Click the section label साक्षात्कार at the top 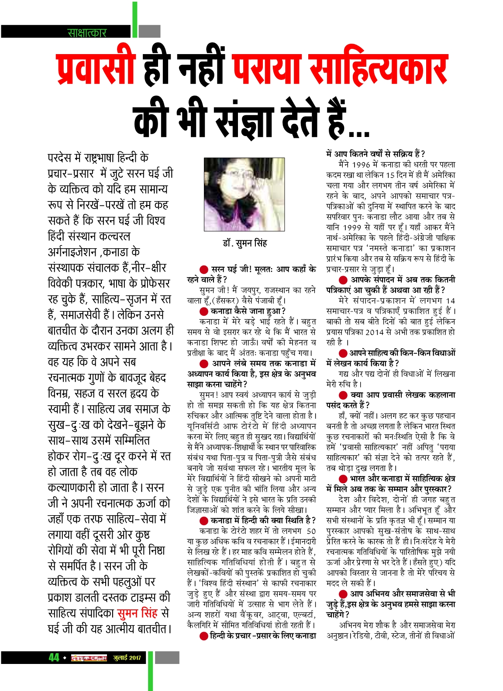pyautogui.click(x=87, y=32)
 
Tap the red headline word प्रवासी pyautogui.click(x=96, y=69)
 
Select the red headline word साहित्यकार pyautogui.click(x=378, y=69)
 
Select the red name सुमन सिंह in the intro pyautogui.click(x=138, y=613)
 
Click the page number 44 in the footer pyautogui.click(x=54, y=657)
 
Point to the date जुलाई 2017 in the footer pyautogui.click(x=127, y=657)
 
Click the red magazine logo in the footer pyautogui.click(x=89, y=658)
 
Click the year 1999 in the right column pyautogui.click(x=352, y=227)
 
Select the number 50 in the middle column pyautogui.click(x=311, y=531)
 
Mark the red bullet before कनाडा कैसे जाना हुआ pyautogui.click(x=203, y=311)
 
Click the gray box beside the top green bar pyautogui.click(x=150, y=31)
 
